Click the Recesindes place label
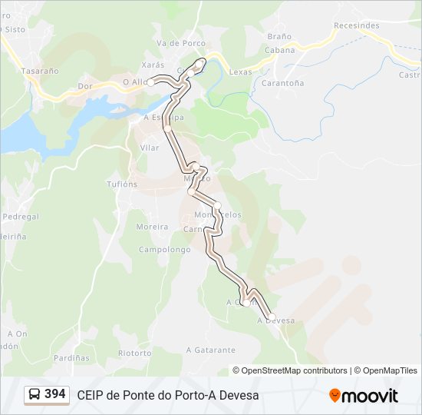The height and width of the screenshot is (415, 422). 356,25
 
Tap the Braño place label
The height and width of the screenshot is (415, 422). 279,36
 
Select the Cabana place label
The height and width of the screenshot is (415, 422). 279,50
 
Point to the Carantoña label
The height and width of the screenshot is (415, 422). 282,83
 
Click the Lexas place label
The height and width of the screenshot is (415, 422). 240,71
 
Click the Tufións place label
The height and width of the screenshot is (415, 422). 122,184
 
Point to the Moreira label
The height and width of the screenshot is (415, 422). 152,227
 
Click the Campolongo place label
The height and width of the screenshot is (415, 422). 164,250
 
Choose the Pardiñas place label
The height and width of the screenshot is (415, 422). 71,358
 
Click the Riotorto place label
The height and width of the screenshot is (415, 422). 135,354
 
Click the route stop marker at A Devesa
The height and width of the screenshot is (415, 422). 271,317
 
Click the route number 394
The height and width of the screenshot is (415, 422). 55,394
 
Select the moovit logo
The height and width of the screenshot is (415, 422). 364,396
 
